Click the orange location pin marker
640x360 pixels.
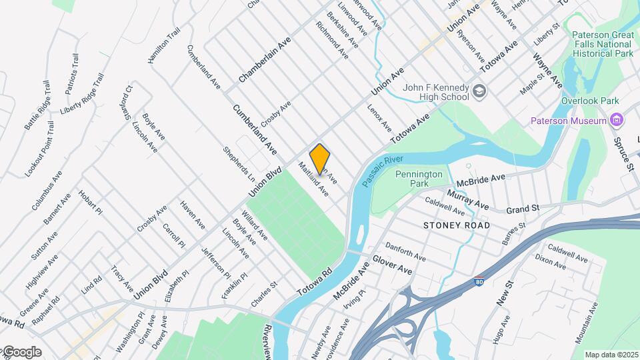pos(320,158)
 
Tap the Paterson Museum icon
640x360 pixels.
pos(617,121)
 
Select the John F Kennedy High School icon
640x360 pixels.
pos(479,91)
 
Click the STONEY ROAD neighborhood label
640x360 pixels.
pos(457,225)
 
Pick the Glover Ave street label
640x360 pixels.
pos(392,265)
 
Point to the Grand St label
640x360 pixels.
pos(522,209)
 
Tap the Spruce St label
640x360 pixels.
pos(624,155)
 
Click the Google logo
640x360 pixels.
pos(21,352)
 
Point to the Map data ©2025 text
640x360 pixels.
pos(611,355)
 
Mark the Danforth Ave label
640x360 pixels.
pos(405,251)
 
